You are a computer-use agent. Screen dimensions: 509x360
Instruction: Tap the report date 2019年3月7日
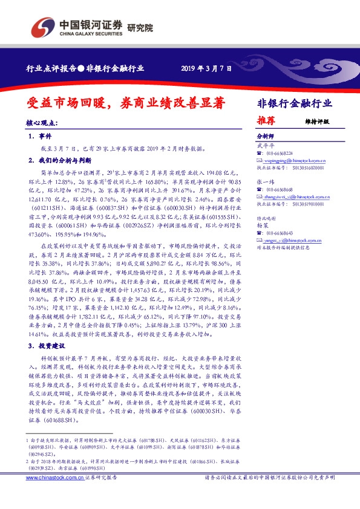(206, 69)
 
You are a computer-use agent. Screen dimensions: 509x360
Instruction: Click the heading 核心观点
(40, 123)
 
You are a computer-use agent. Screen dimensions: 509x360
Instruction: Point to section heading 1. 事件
(41, 137)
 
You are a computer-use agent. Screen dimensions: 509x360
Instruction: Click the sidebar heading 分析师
(265, 137)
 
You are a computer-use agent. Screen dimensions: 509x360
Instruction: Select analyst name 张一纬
(265, 181)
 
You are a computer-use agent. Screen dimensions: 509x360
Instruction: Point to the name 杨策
(263, 225)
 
